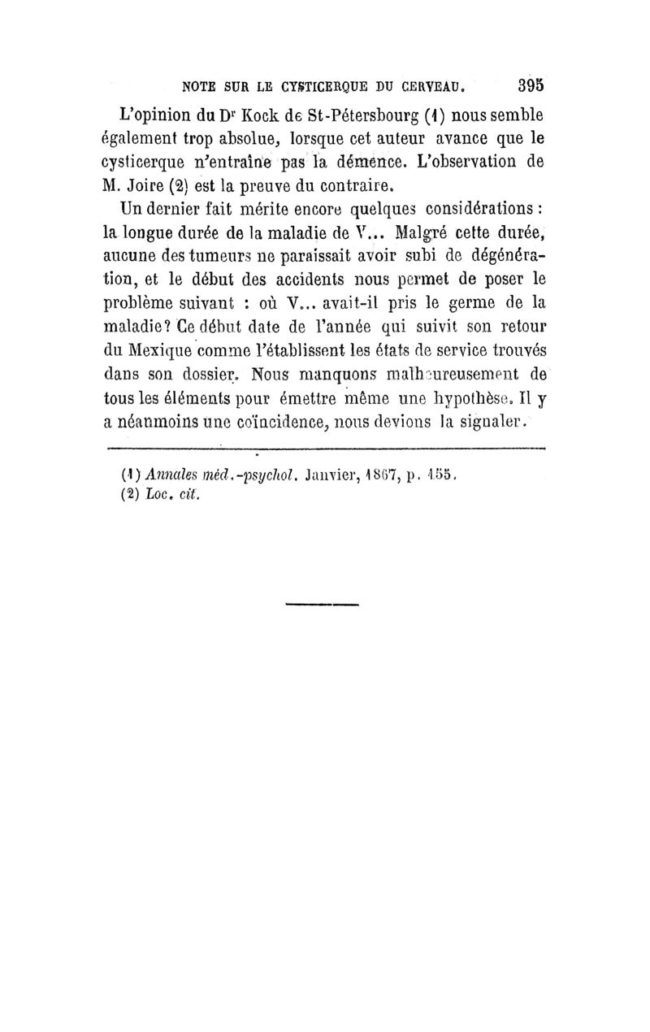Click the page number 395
528,85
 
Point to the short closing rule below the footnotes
323,604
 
